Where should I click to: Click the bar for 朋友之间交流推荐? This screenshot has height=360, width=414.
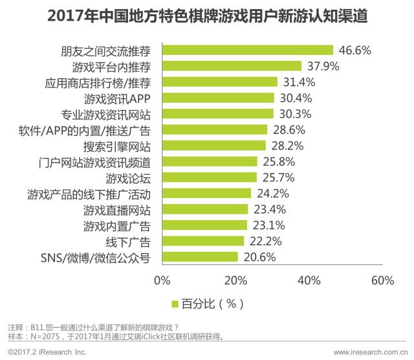pyautogui.click(x=247, y=50)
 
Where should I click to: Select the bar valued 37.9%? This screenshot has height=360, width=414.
pyautogui.click(x=232, y=66)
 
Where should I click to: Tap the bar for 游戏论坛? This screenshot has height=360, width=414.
pyautogui.click(x=209, y=177)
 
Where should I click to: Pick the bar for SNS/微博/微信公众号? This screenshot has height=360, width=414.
pyautogui.click(x=200, y=257)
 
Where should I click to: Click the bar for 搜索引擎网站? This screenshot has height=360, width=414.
pyautogui.click(x=213, y=145)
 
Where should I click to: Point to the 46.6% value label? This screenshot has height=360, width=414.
pyautogui.click(x=354, y=50)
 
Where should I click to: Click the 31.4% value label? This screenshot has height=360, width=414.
pyautogui.click(x=298, y=82)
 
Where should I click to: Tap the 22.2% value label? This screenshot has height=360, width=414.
pyautogui.click(x=264, y=241)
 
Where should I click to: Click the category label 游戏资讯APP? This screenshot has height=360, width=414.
pyautogui.click(x=117, y=98)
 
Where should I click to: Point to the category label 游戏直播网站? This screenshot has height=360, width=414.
pyautogui.click(x=117, y=210)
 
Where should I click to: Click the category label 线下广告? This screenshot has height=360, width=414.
pyautogui.click(x=128, y=242)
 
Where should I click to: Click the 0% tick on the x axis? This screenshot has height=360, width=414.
pyautogui.click(x=162, y=280)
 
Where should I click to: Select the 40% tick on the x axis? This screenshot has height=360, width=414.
pyautogui.click(x=309, y=280)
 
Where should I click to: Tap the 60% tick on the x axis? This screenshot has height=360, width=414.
pyautogui.click(x=383, y=280)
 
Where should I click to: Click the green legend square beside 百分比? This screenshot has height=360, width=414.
pyautogui.click(x=174, y=303)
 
